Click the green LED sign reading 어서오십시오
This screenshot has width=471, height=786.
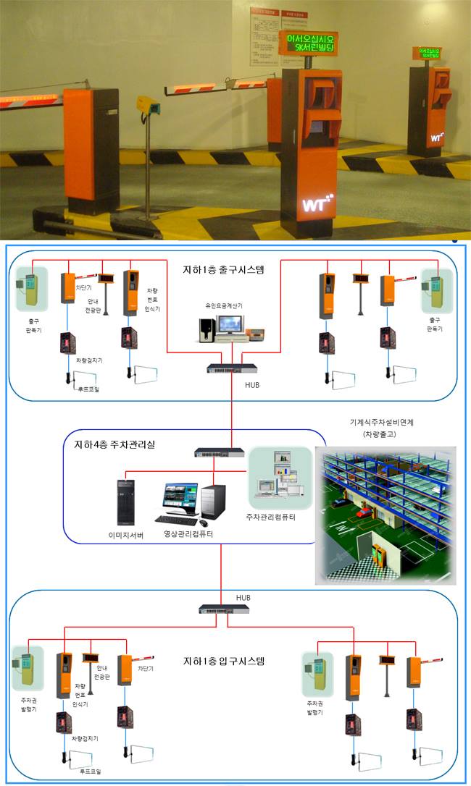click(x=307, y=42)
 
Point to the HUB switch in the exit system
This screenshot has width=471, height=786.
click(x=231, y=368)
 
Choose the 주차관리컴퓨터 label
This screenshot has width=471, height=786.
click(x=281, y=517)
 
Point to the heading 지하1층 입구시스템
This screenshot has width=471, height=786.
click(x=224, y=661)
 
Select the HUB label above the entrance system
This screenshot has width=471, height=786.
click(x=243, y=599)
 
